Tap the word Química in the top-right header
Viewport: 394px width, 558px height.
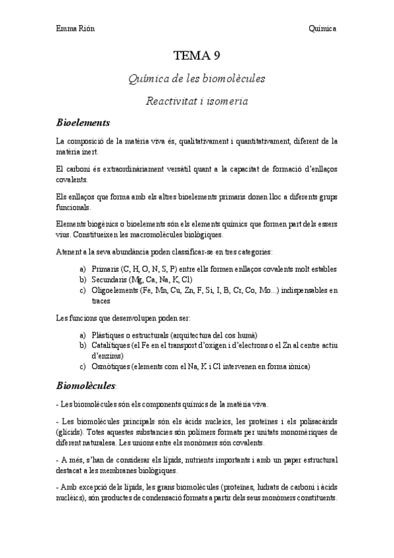coord(323,29)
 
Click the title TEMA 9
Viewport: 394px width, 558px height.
coord(197,55)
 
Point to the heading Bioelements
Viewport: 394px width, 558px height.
coord(83,122)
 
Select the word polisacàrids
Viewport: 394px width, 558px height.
coord(318,422)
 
